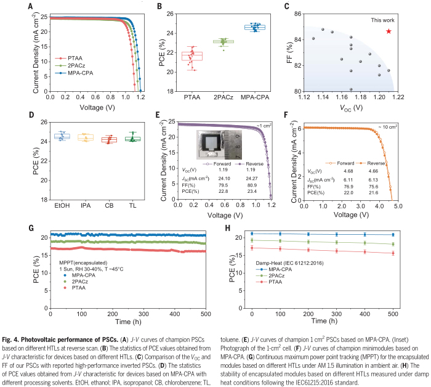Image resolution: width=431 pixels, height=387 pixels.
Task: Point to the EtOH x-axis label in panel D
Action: point(63,205)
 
